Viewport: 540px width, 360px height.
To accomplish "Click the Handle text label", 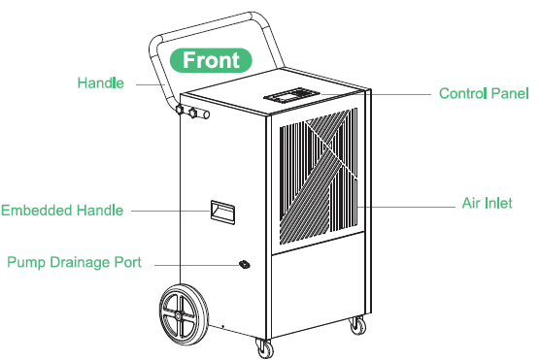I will [101, 83].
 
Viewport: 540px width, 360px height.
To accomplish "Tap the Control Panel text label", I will [484, 94].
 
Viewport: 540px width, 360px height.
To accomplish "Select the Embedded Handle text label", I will [62, 210].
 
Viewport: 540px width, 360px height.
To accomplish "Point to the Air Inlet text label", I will [487, 205].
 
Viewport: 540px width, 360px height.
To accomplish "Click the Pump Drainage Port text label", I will [75, 263].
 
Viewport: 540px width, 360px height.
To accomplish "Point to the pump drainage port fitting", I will [243, 264].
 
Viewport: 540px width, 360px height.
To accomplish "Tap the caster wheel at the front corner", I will [264, 346].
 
